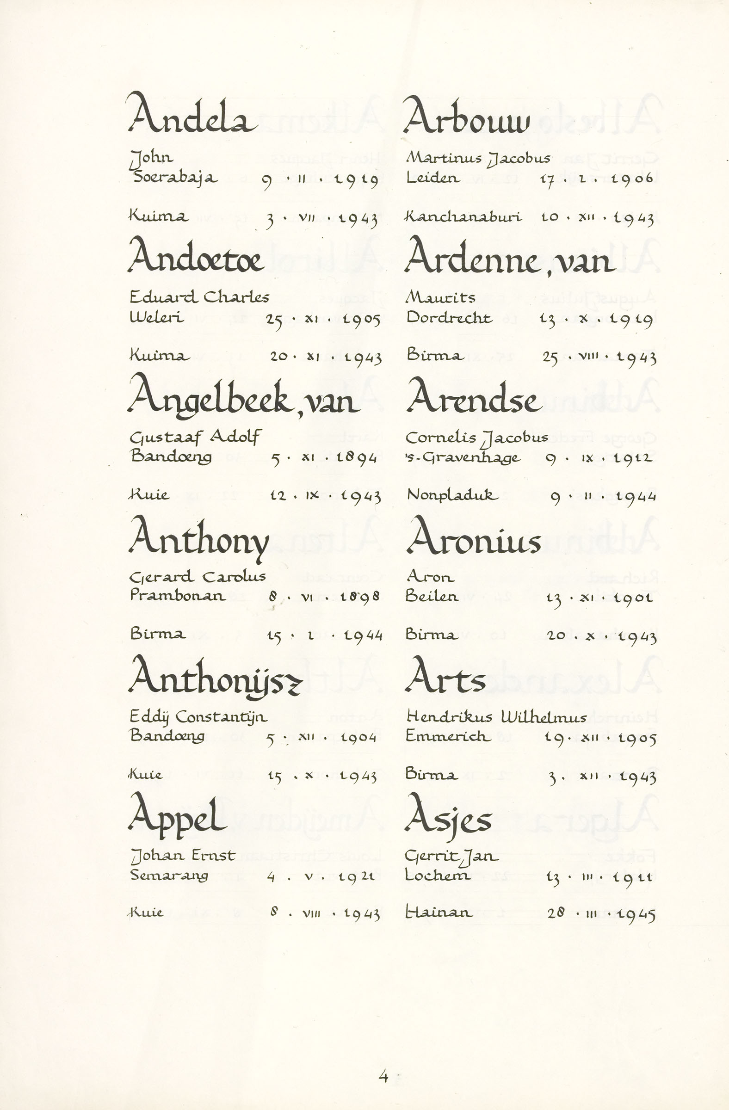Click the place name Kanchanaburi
click(x=463, y=217)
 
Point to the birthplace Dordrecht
click(x=448, y=318)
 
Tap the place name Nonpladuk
click(x=452, y=495)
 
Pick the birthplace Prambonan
click(x=178, y=595)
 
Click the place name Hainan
click(x=439, y=912)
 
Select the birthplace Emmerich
click(x=447, y=736)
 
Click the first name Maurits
click(x=440, y=297)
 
